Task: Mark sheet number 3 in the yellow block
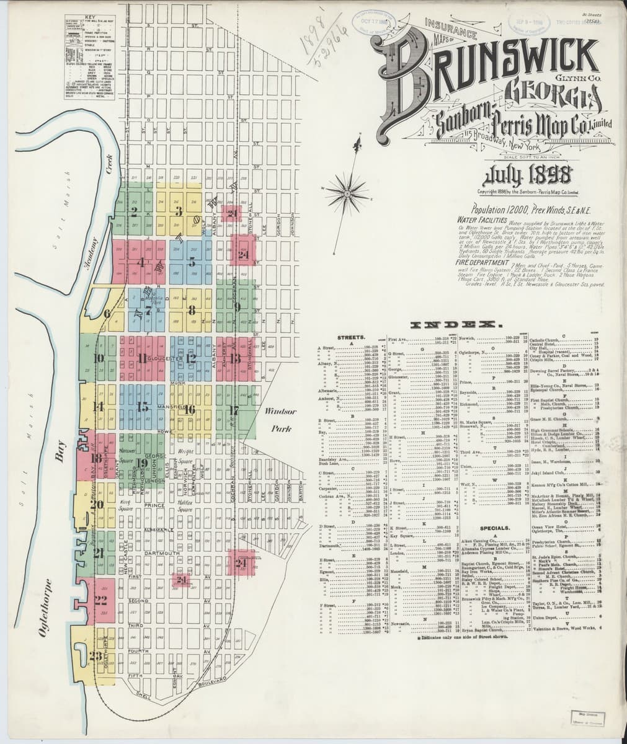tap(178, 211)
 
